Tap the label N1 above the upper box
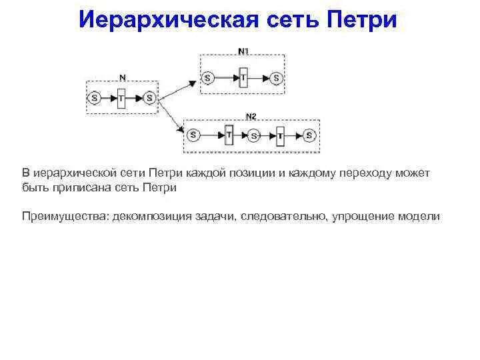(x=243, y=51)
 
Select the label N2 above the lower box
(x=251, y=117)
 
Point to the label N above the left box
(x=122, y=77)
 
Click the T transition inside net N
(x=121, y=98)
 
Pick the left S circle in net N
(x=94, y=98)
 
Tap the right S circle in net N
(x=149, y=98)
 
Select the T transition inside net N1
(x=243, y=78)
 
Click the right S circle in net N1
(x=277, y=78)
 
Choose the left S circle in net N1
(x=207, y=78)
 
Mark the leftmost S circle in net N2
(x=193, y=135)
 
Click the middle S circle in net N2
(x=253, y=135)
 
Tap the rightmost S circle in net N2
(x=309, y=135)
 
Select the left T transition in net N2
(x=229, y=135)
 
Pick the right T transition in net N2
(x=281, y=135)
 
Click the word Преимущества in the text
(x=65, y=217)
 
